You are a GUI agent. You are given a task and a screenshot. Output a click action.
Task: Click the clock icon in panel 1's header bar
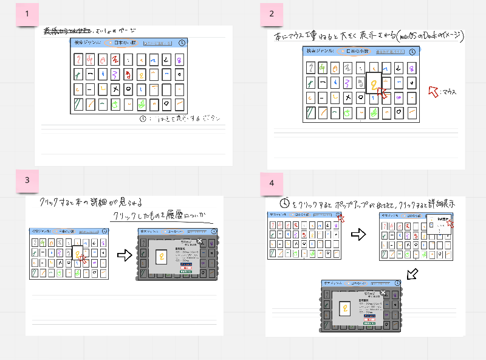point(183,43)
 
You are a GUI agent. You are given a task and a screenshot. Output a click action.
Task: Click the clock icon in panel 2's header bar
point(413,52)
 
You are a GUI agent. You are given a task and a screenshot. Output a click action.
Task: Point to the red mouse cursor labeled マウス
point(434,91)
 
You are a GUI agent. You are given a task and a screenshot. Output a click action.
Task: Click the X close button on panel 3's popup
point(199,241)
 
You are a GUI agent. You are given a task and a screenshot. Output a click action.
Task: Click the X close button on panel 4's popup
point(382,292)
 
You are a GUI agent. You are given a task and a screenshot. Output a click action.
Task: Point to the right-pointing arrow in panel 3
point(124,256)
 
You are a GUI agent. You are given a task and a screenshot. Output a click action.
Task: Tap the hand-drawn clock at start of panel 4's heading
point(284,202)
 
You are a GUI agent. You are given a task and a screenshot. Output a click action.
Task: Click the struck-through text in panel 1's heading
point(67,31)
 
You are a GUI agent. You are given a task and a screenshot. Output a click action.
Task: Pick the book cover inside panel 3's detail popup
point(163,258)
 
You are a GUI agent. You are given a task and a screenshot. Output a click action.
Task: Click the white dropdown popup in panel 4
point(439,226)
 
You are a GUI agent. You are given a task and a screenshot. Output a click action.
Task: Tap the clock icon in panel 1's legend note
point(143,120)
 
